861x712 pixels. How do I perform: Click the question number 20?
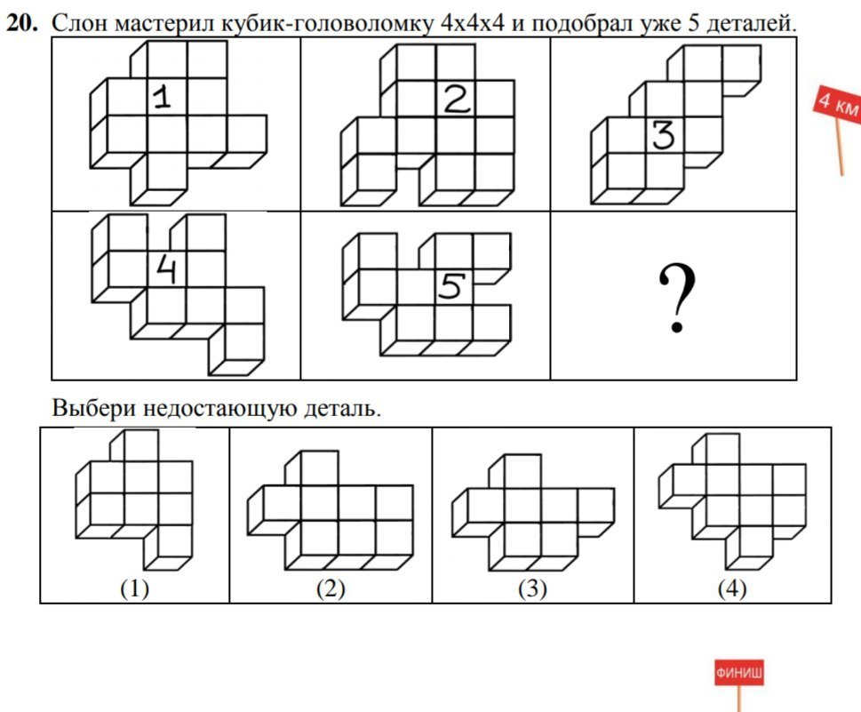[23, 24]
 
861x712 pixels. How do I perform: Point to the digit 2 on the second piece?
[457, 101]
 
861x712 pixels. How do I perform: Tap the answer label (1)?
[134, 588]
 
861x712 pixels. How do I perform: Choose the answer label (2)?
[331, 588]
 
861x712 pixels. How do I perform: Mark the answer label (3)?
[532, 588]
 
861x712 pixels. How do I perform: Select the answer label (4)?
[733, 588]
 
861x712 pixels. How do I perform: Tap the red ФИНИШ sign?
[738, 673]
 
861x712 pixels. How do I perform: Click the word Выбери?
[92, 410]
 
